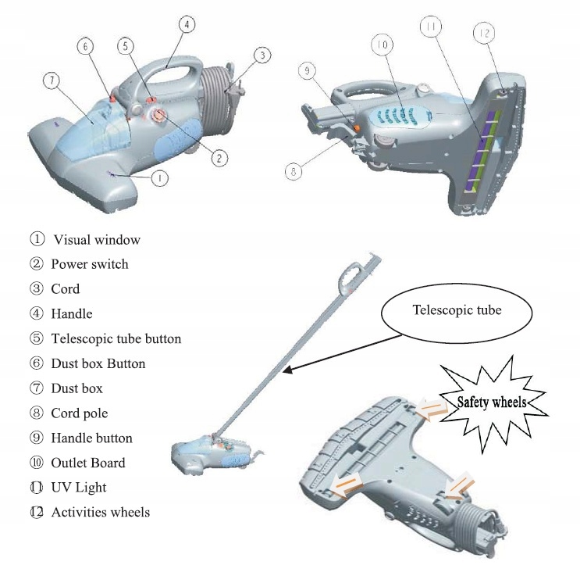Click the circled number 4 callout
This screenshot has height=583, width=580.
[x=185, y=24]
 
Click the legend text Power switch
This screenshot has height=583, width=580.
[x=89, y=264]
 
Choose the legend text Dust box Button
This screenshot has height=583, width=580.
[x=98, y=363]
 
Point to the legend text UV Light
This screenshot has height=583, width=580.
[x=79, y=488]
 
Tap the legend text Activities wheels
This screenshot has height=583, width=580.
[x=100, y=513]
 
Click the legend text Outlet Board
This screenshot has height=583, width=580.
[x=87, y=463]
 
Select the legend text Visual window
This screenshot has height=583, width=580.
[x=97, y=239]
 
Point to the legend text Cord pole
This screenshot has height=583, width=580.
[x=79, y=413]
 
